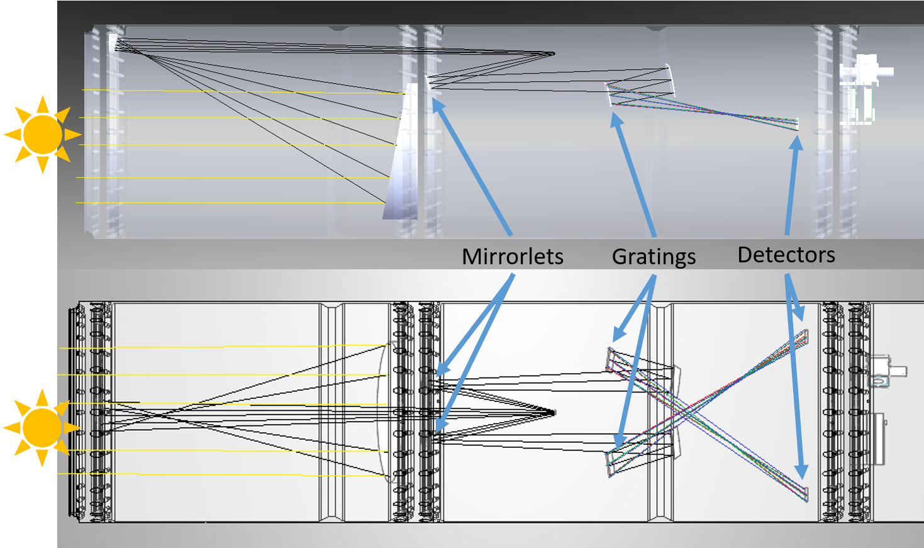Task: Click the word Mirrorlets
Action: coord(513,256)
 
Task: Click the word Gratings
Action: coord(654,257)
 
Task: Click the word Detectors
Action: coord(786,255)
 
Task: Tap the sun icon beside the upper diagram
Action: coord(43,135)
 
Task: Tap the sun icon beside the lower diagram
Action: coord(42,428)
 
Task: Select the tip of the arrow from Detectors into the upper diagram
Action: coord(798,135)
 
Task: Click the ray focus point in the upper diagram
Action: coord(553,53)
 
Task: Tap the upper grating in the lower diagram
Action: coord(610,359)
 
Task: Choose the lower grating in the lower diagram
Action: coord(610,465)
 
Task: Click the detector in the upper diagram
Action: coord(797,125)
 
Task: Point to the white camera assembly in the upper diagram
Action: coord(864,89)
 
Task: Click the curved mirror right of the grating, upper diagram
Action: coord(671,80)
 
